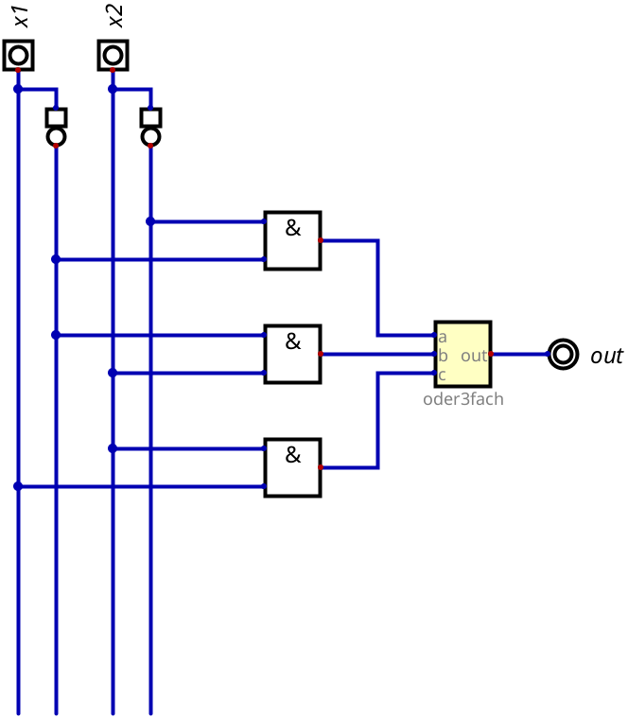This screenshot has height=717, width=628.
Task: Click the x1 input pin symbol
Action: tap(18, 55)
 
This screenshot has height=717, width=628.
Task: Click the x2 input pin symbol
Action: tap(113, 55)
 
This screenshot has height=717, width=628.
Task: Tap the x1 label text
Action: tap(22, 17)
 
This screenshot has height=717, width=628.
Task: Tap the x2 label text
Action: tap(116, 16)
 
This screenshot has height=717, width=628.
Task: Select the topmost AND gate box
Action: tap(292, 240)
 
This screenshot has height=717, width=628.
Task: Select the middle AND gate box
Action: tap(292, 354)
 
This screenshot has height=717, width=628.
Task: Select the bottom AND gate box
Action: tap(292, 467)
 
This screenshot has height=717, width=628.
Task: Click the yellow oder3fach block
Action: tap(463, 354)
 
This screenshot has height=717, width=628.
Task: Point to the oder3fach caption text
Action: tap(463, 399)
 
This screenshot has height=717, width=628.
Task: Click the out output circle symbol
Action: tap(563, 354)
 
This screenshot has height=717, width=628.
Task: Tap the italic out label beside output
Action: tap(606, 356)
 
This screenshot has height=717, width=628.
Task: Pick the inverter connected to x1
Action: tap(56, 127)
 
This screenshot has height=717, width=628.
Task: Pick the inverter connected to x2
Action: tap(150, 127)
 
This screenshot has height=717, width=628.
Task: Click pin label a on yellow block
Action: tap(442, 338)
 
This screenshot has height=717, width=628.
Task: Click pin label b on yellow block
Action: tap(443, 356)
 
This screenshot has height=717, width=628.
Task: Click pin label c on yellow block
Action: tap(442, 376)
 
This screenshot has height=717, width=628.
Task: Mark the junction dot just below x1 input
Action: tap(18, 89)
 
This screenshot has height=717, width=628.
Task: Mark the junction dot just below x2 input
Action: tap(113, 89)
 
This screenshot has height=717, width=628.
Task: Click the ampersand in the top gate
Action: tap(293, 228)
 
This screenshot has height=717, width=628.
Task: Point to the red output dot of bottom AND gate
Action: tap(321, 467)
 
